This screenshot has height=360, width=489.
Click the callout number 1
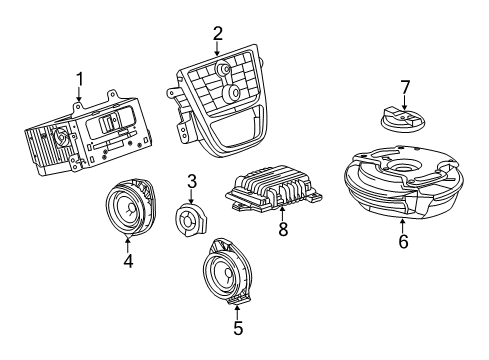81,79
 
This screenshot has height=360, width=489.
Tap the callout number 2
217,34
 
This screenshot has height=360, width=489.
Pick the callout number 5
237,326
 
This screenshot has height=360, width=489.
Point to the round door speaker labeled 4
128,210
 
